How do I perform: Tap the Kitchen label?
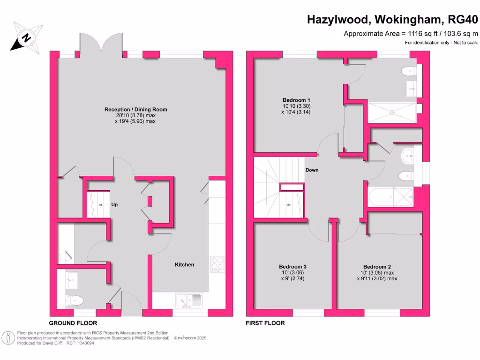click(x=184, y=265)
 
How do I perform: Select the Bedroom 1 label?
click(x=296, y=100)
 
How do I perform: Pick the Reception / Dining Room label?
click(x=135, y=110)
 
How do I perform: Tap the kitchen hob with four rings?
click(x=217, y=264)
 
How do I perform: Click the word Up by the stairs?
click(x=114, y=204)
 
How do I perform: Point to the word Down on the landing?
click(x=312, y=170)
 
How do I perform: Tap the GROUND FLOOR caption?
click(x=73, y=323)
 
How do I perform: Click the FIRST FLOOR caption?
click(x=265, y=323)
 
